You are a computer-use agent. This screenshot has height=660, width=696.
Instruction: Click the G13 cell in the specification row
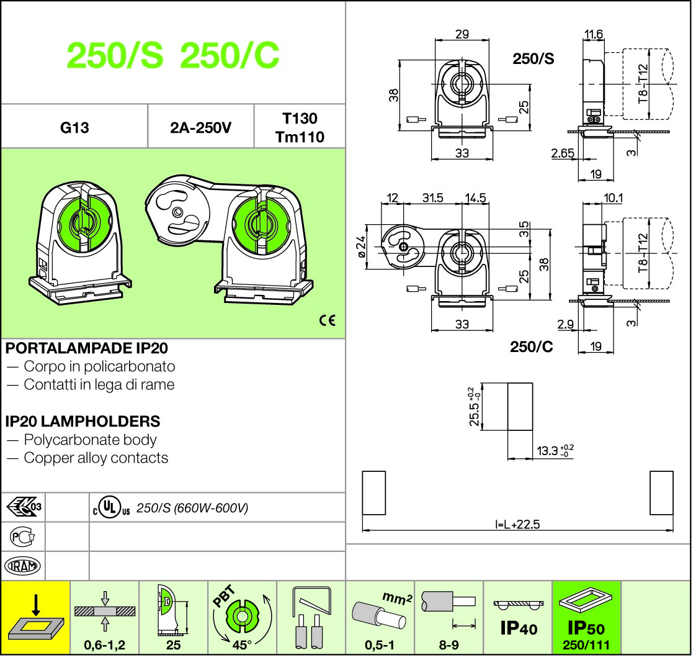pos(74,128)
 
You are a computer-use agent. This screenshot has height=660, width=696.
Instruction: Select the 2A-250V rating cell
pos(200,128)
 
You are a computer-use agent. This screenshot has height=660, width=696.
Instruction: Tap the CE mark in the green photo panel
pos(327,320)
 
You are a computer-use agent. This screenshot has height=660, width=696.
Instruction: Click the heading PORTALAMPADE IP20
pos(86,348)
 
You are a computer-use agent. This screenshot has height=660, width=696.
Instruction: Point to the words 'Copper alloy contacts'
pos(96,458)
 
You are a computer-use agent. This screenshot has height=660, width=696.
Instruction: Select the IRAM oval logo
pos(23,566)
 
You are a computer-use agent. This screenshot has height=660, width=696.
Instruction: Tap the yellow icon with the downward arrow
pos(36,617)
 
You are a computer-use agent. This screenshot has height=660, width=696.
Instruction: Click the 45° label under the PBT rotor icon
pos(241,644)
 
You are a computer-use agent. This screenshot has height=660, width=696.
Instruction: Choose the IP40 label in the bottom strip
pos(519,628)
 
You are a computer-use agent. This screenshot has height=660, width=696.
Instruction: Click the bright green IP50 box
pos(586,617)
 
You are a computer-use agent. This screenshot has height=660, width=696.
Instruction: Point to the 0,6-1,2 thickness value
pos(105,645)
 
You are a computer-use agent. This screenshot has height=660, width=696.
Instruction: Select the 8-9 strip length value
pos(449,645)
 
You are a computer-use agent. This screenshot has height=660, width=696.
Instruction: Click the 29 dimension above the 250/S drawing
pos(462,34)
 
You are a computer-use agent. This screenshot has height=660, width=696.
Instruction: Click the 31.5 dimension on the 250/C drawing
pos(432,197)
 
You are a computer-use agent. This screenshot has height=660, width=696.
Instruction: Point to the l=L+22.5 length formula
pos(518,525)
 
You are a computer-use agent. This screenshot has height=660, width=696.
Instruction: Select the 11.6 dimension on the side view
pos(594,34)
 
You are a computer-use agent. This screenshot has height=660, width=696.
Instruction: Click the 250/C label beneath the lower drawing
pos(531,346)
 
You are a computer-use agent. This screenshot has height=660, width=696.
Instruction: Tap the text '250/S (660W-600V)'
pos(192,508)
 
